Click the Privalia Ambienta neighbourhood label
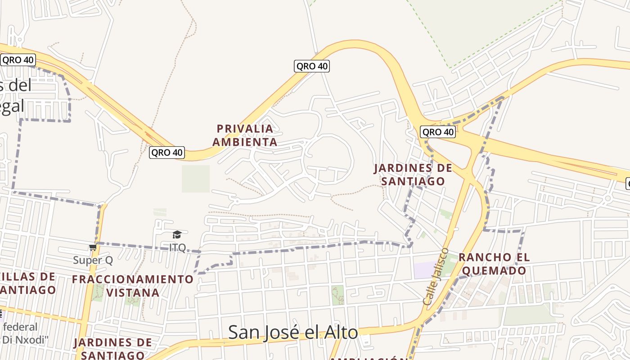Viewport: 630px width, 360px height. tap(245, 135)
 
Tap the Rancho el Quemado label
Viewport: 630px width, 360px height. tap(494, 264)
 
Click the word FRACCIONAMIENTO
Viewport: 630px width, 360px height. tap(133, 279)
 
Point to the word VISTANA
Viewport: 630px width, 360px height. tap(133, 292)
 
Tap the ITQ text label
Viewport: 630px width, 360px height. tap(177, 247)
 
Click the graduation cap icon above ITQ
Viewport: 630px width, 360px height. tap(177, 234)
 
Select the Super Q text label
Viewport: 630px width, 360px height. tap(93, 260)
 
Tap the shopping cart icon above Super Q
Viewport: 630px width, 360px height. tap(93, 247)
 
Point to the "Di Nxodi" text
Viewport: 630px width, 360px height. tap(25, 339)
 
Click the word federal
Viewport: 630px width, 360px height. tap(20, 327)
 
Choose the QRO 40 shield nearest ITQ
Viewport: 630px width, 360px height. tap(167, 153)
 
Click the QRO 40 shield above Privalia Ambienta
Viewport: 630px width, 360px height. tap(312, 66)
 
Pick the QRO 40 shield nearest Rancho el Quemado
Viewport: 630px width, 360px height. tap(437, 132)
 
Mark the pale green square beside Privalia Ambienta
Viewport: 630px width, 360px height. tap(196, 179)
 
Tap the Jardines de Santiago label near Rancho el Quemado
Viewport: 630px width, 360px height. tap(413, 175)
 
